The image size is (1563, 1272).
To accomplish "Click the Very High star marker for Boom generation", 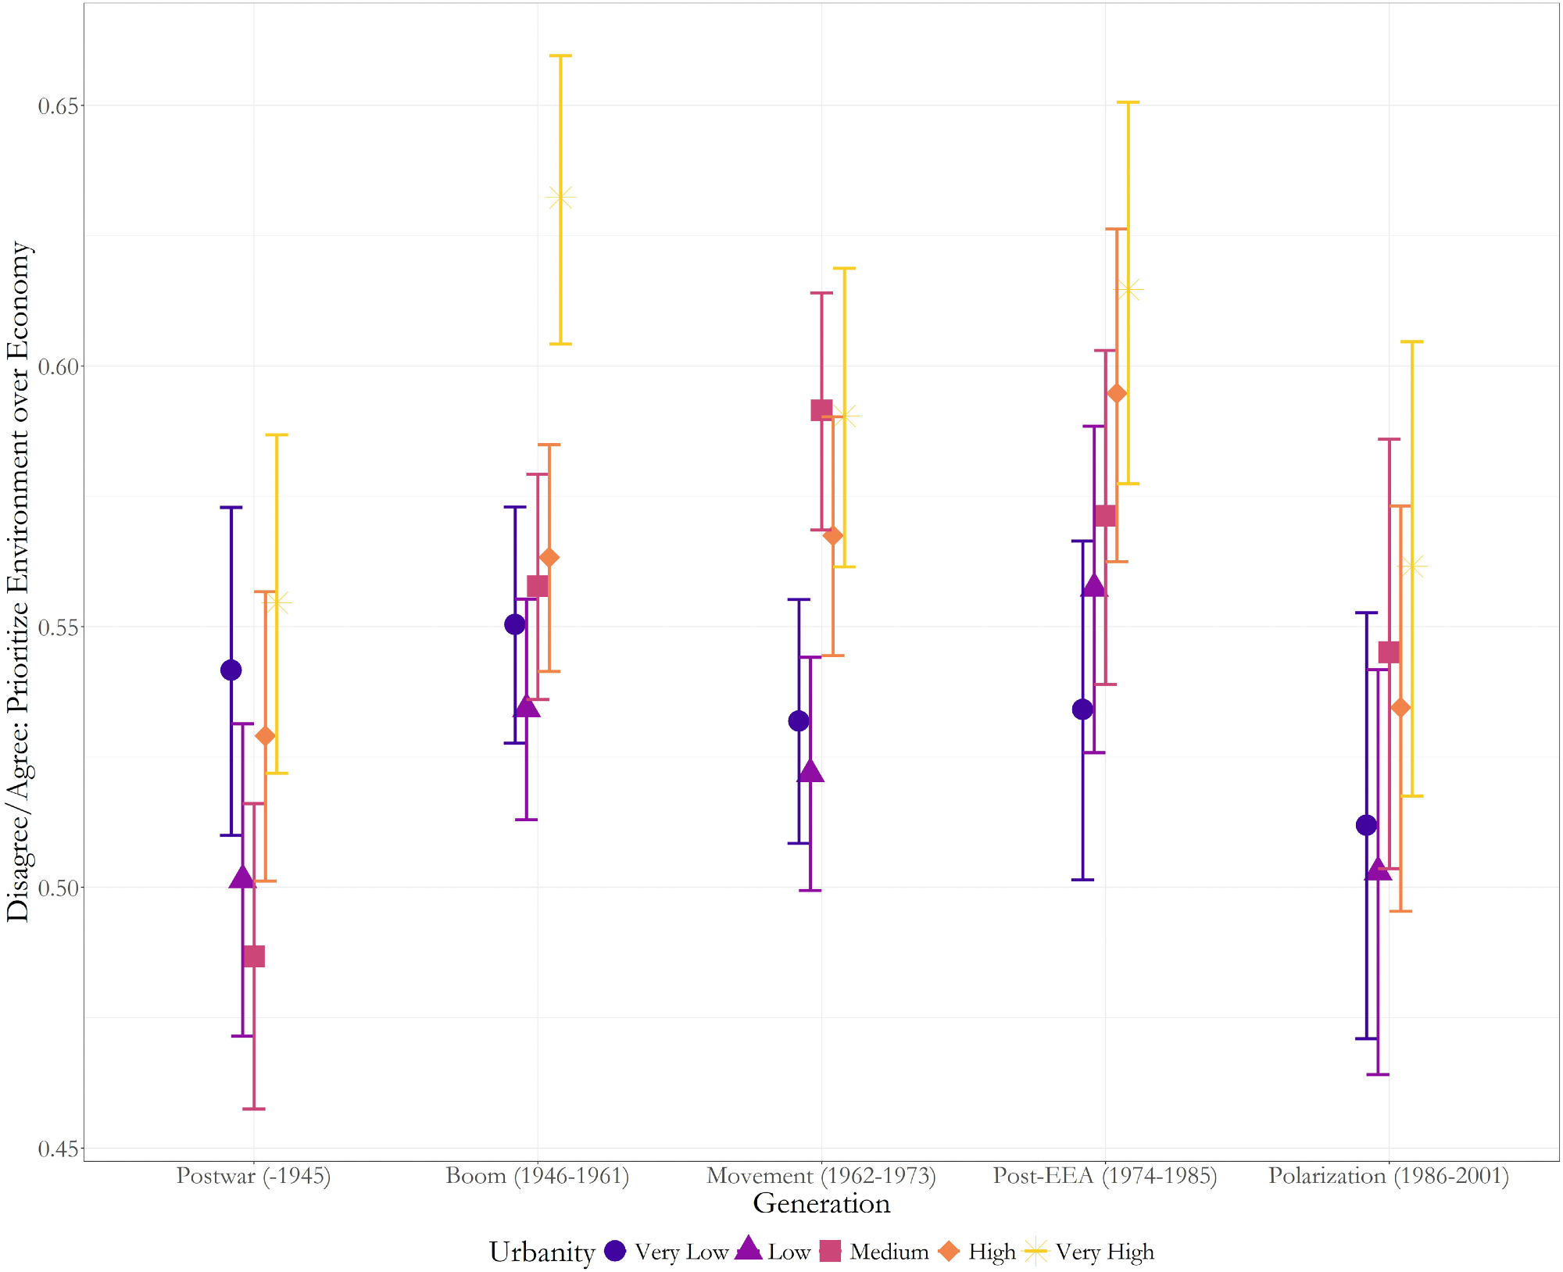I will tap(561, 198).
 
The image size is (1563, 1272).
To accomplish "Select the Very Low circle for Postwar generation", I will tap(231, 670).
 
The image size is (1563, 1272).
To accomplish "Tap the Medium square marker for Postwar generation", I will tap(254, 956).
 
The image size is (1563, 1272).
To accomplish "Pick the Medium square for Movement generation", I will tap(821, 410).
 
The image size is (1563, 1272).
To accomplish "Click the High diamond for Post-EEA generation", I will tap(1117, 393).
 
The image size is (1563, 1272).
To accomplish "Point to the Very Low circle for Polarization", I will tap(1366, 824).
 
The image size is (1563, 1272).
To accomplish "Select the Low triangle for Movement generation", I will tap(810, 771).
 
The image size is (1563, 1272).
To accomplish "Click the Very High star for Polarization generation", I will tap(1412, 566).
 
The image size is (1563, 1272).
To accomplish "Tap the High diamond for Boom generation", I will tap(549, 558).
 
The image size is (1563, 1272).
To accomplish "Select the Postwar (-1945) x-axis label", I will tap(253, 1176).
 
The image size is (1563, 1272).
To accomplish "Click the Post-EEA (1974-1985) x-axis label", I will tap(1105, 1176).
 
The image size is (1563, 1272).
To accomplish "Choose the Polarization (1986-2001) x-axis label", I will tap(1389, 1176).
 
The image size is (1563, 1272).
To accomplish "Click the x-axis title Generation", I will tap(821, 1203).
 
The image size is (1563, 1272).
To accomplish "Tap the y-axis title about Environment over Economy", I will tap(19, 581).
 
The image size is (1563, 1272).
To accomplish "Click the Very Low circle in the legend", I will tap(616, 1251).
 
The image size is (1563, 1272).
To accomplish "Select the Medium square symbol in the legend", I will tap(830, 1251).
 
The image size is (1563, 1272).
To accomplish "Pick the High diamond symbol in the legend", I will tap(949, 1251).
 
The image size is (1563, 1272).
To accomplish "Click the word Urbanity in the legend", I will tap(542, 1252).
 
